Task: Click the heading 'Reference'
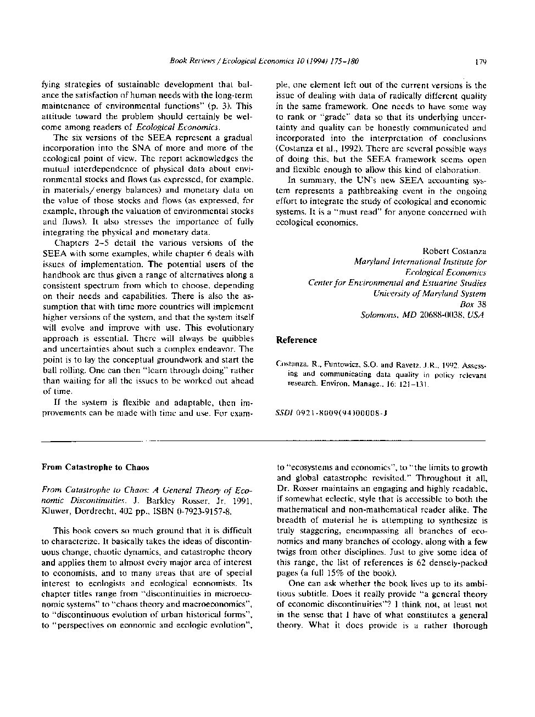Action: click(296, 340)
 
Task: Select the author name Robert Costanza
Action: click(454, 251)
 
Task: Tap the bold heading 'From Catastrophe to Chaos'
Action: click(95, 467)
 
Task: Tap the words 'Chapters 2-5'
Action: click(80, 243)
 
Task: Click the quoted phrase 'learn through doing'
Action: click(183, 370)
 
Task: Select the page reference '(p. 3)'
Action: click(222, 106)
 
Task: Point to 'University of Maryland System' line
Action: click(430, 293)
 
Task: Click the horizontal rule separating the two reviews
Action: click(264, 441)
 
